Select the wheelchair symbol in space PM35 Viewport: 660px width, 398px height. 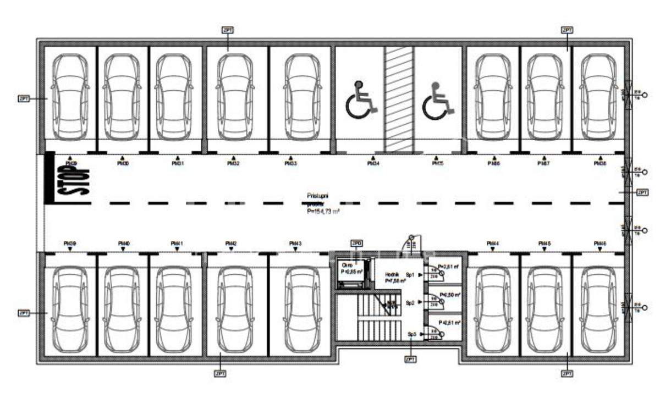pyautogui.click(x=438, y=100)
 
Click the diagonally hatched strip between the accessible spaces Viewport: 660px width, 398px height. pyautogui.click(x=398, y=99)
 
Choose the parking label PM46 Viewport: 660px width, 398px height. pyautogui.click(x=599, y=244)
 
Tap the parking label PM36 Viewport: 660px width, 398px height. pyautogui.click(x=493, y=163)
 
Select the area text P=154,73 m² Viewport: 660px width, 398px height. pyautogui.click(x=323, y=211)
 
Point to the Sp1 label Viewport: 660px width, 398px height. pyautogui.click(x=410, y=274)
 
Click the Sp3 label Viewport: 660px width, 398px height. pyautogui.click(x=411, y=334)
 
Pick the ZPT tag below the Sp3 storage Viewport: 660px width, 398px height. pyautogui.click(x=410, y=359)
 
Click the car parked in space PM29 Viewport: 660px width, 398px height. pyautogui.click(x=70, y=97)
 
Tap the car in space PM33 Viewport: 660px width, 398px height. pyautogui.click(x=302, y=97)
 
